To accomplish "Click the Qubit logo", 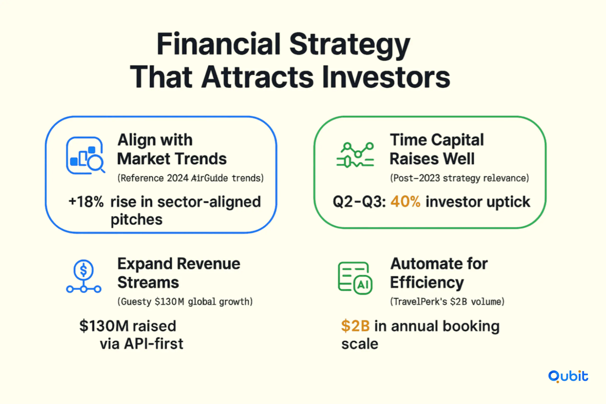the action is [568, 377].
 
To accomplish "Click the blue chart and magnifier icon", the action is [85, 156].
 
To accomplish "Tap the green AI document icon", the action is [355, 278].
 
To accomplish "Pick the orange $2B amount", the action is [356, 326].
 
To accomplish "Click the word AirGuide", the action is [209, 178].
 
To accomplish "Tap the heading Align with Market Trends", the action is [172, 149].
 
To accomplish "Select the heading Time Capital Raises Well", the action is [437, 149].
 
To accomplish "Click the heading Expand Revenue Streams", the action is [179, 273].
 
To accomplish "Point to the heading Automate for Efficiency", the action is [439, 273].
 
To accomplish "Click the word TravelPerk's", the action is [419, 302].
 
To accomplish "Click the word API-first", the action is [154, 344].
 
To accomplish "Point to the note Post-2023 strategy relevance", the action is [459, 178].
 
